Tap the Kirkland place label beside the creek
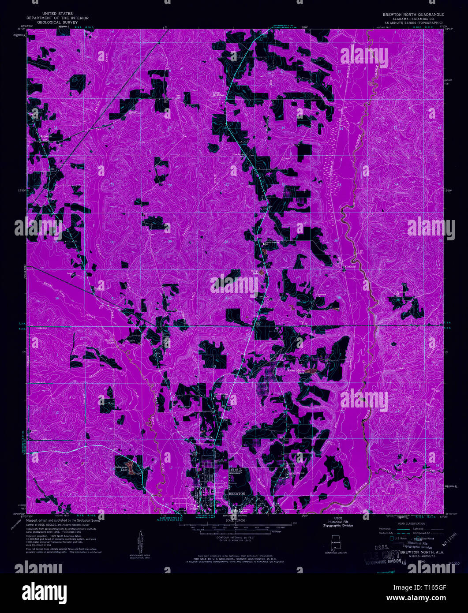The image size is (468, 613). tap(349, 267)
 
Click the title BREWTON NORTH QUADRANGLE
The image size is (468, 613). tap(413, 15)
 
